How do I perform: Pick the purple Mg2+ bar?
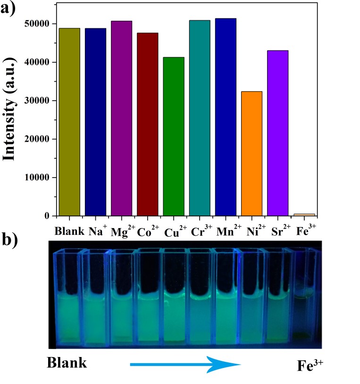tap(122, 118)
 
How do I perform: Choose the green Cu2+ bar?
tap(174, 137)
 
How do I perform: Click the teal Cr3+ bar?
tap(200, 118)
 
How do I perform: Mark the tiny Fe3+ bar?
tap(303, 214)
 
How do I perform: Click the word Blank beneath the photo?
tap(67, 363)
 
